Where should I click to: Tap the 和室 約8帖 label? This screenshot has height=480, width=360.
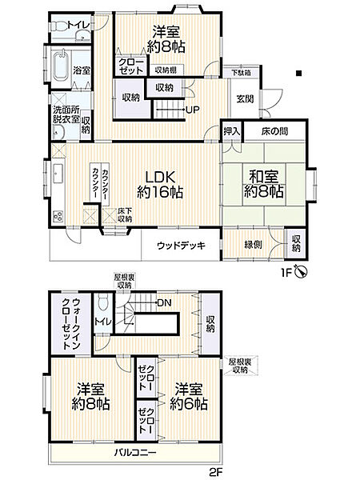pyautogui.click(x=263, y=185)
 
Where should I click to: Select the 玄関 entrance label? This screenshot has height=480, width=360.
pyautogui.click(x=244, y=98)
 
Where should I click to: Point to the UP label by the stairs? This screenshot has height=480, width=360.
pyautogui.click(x=193, y=110)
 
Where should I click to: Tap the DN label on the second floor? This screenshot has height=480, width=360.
pyautogui.click(x=164, y=302)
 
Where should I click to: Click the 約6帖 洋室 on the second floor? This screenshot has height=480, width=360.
pyautogui.click(x=189, y=397)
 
